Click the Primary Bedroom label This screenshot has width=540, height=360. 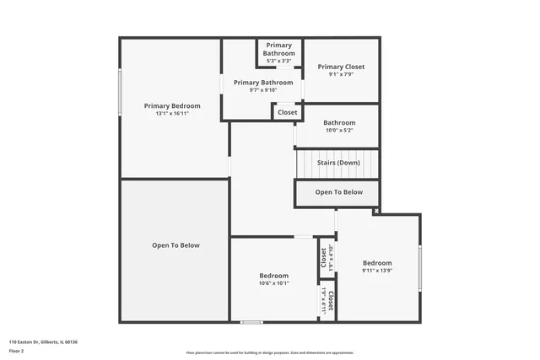[x=172, y=105]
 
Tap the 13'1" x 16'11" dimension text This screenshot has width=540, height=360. [x=172, y=114]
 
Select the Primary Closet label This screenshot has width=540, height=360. [x=341, y=67]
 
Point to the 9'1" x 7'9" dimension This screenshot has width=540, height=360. [x=341, y=75]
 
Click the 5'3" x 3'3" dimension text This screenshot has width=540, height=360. [x=278, y=61]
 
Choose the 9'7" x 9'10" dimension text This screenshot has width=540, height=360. [x=263, y=90]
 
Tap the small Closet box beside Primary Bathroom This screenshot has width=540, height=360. [x=288, y=112]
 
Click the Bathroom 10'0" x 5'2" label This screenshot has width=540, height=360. [x=339, y=122]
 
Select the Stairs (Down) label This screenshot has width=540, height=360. [x=338, y=163]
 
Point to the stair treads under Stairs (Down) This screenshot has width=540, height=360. [x=337, y=173]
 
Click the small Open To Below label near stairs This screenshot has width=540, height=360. [x=338, y=192]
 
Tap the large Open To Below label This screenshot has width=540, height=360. [x=175, y=245]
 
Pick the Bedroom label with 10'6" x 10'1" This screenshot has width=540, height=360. [x=273, y=276]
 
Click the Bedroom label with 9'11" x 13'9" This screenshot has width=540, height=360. [x=377, y=262]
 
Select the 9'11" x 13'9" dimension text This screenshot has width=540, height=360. [x=377, y=271]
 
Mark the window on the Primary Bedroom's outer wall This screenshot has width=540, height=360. [x=120, y=93]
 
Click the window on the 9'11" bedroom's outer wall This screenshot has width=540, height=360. [x=419, y=267]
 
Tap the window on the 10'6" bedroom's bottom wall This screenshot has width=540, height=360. [x=251, y=321]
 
